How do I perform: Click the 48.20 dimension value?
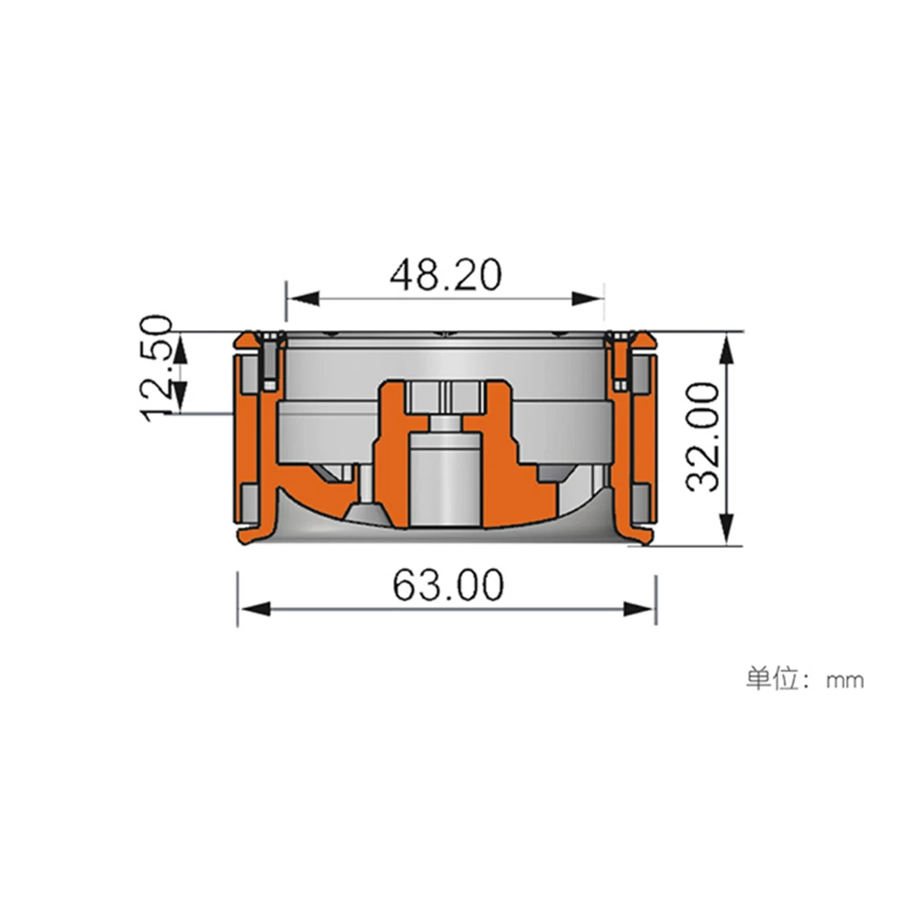click(445, 274)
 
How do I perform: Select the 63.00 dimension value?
click(448, 585)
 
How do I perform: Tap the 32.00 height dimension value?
click(704, 437)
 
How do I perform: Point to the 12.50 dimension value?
click(156, 367)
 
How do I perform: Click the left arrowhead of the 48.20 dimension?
click(302, 299)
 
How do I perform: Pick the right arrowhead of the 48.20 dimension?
click(588, 299)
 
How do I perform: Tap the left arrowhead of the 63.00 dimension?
click(255, 609)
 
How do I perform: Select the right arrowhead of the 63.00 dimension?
click(639, 609)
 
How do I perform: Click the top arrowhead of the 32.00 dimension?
click(727, 350)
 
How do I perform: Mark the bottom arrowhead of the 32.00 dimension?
click(727, 529)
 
